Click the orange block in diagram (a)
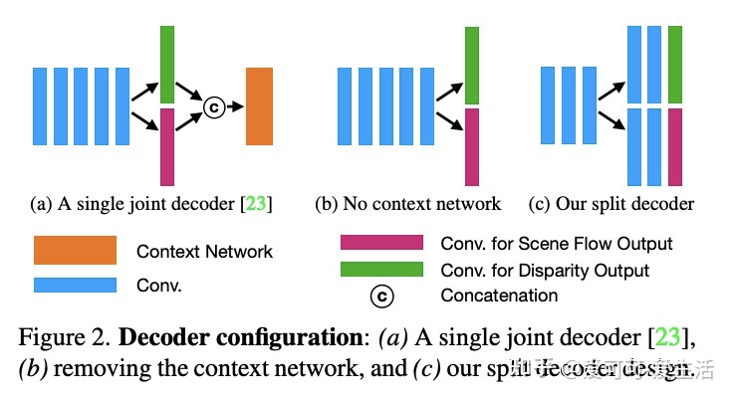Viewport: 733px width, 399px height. (259, 105)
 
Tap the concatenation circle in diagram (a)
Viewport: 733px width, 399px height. (212, 105)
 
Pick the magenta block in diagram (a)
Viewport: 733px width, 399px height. (166, 146)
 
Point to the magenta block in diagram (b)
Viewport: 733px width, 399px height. (471, 146)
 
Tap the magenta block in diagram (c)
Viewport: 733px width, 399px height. (675, 147)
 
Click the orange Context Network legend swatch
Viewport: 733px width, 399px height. (75, 250)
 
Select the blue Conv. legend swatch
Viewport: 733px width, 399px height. (75, 285)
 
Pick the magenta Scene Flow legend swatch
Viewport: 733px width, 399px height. (381, 243)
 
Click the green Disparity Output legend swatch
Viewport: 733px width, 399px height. (381, 270)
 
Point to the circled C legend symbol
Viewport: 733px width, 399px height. (381, 296)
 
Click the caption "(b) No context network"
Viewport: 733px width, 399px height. (407, 204)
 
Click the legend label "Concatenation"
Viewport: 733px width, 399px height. (499, 296)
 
